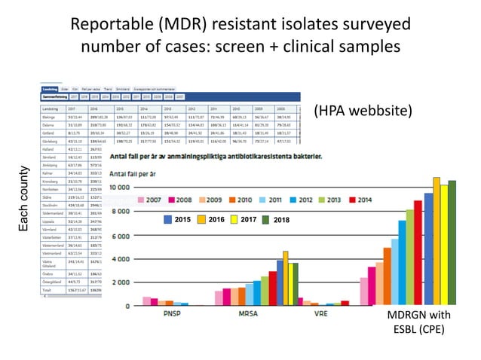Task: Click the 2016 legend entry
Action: [x=211, y=219]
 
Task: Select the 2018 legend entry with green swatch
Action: [x=277, y=219]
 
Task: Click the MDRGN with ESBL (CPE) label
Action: [x=418, y=322]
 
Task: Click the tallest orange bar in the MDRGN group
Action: [x=437, y=241]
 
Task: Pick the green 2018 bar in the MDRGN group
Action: [x=452, y=243]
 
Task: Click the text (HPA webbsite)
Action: [x=363, y=111]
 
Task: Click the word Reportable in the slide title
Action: [x=113, y=24]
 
